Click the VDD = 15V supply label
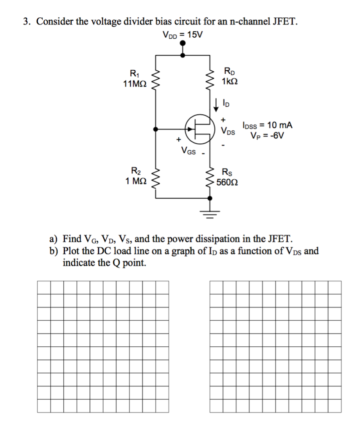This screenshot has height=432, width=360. [182, 35]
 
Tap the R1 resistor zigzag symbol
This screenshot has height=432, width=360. [156, 78]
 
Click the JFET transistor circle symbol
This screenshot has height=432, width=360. [199, 129]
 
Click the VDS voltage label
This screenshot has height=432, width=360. [228, 130]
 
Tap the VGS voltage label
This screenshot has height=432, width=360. [188, 150]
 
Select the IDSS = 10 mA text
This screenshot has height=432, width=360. [267, 125]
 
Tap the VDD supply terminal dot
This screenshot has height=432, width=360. [183, 54]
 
